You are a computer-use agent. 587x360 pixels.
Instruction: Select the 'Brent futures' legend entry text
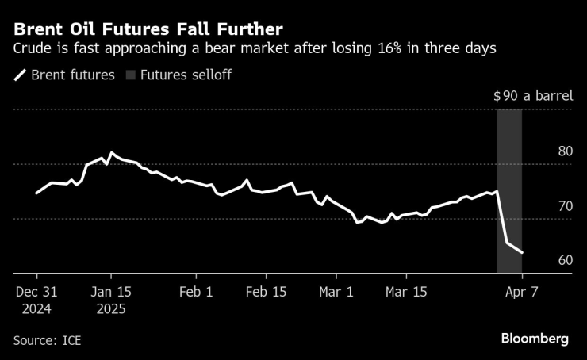[x=73, y=75]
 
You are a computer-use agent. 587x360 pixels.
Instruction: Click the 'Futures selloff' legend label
[x=186, y=75]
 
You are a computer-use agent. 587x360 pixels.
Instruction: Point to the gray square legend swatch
[x=131, y=75]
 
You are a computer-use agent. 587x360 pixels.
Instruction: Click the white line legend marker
[x=20, y=75]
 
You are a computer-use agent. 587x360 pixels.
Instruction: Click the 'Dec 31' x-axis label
[x=37, y=291]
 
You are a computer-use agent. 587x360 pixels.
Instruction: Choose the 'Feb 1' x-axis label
[x=196, y=291]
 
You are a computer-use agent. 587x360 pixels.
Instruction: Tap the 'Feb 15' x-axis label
[x=267, y=291]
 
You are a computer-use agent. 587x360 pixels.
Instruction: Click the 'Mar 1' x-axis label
[x=336, y=291]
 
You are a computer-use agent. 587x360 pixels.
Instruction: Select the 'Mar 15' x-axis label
[x=406, y=291]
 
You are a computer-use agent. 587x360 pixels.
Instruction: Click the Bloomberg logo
[x=535, y=339]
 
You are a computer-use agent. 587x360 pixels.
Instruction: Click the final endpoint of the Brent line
[x=522, y=253]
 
